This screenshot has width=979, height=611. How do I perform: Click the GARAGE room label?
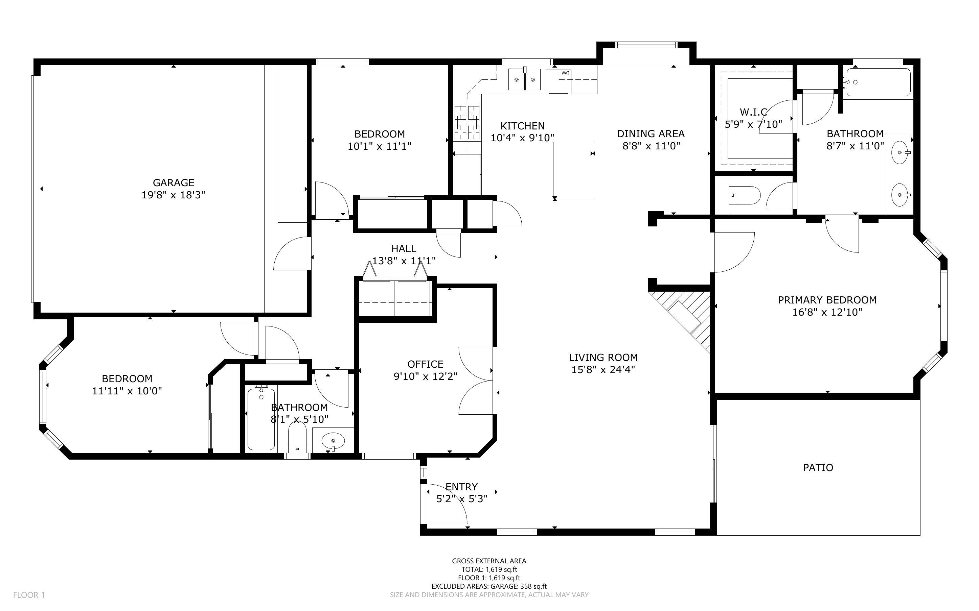point(174,182)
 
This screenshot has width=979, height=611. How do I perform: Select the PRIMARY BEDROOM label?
point(827,300)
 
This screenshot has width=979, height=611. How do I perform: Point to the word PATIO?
point(818,468)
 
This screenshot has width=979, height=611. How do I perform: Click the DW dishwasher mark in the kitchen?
point(565,73)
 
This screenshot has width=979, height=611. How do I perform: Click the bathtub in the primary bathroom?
point(878,82)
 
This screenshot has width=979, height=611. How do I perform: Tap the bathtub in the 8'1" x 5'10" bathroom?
point(261,419)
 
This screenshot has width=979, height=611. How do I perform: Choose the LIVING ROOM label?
point(603,358)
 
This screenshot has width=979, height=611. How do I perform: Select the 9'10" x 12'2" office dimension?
point(426,376)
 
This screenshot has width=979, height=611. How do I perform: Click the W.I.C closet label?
point(754,112)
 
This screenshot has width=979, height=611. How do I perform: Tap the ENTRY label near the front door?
point(461,487)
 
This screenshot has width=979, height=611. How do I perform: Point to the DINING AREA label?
point(651,134)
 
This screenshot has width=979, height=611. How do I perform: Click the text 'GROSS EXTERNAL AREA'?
point(489,561)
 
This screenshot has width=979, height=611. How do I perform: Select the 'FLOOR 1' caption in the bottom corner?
point(29,595)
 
